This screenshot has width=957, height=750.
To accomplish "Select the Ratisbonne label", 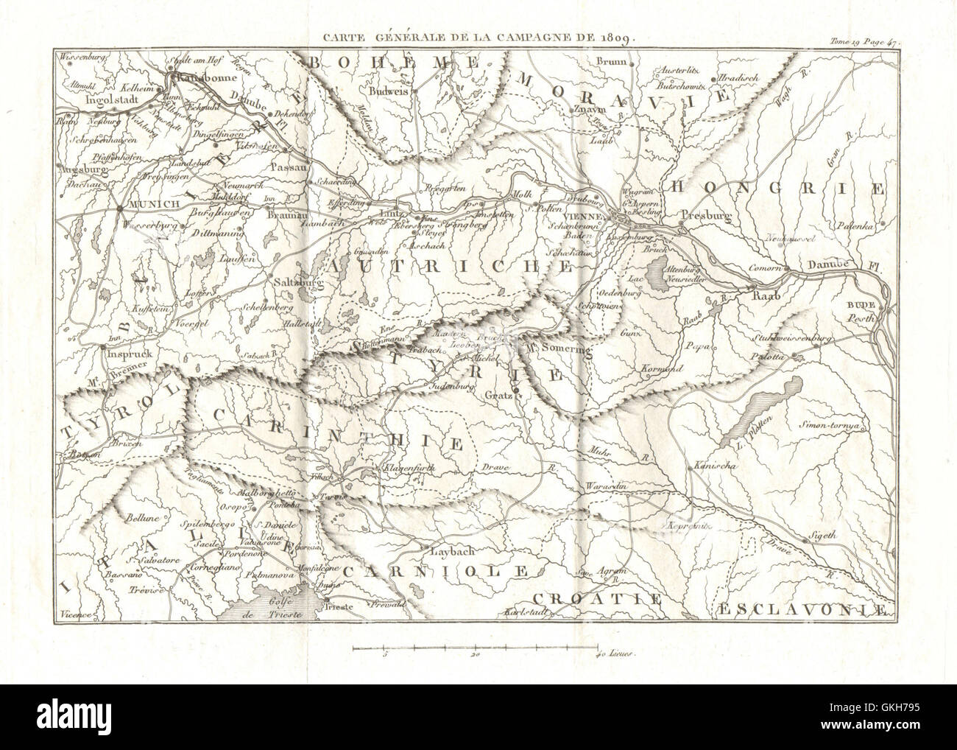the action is click(194, 77).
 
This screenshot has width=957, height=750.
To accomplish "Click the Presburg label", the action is click(704, 216).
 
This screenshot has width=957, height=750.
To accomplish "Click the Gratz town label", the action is click(500, 396).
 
